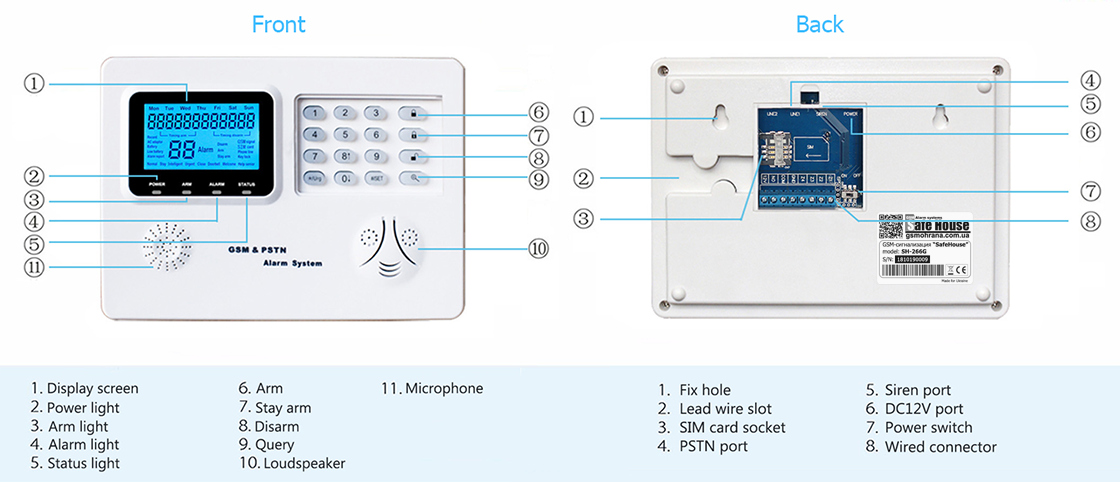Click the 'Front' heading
point(278,24)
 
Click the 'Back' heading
point(819,24)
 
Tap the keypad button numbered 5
point(345,135)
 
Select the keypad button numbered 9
point(375,157)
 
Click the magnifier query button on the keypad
point(414,179)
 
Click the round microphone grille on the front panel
point(166,247)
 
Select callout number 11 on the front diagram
point(35,267)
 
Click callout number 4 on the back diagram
point(1090,80)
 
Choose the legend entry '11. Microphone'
point(432,388)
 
